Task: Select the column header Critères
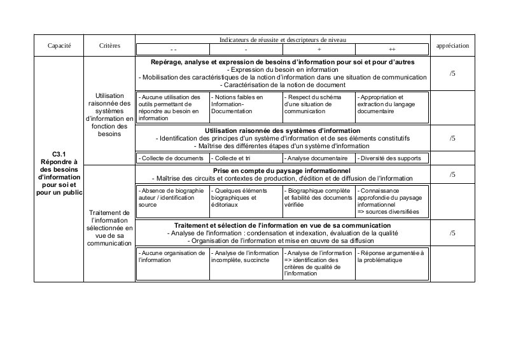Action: point(109,46)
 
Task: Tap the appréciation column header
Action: point(452,46)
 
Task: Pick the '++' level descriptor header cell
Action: point(391,49)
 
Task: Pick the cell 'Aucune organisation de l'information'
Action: point(172,257)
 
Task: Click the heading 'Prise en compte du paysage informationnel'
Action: point(282,171)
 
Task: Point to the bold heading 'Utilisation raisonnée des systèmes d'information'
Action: point(282,130)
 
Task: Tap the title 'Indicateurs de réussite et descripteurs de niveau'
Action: point(282,39)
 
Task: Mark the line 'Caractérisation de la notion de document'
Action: point(282,85)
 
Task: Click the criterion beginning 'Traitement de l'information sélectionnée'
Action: point(109,228)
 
